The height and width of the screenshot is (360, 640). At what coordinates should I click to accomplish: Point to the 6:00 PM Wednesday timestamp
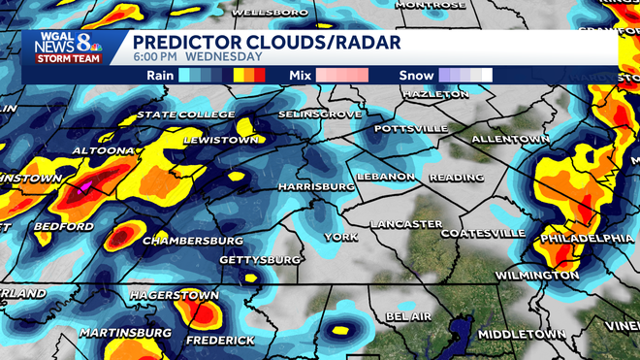pos(188,57)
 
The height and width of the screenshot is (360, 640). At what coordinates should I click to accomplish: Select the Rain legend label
pos(160,75)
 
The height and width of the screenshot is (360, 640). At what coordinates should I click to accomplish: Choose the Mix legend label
pos(301,75)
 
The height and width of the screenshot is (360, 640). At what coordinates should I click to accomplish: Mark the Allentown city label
pos(510,140)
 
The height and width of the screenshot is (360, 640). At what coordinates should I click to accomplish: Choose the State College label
pos(185,115)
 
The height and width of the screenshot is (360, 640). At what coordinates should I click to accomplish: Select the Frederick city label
pos(222,341)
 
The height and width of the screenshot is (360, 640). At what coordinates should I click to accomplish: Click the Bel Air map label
pos(407,317)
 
